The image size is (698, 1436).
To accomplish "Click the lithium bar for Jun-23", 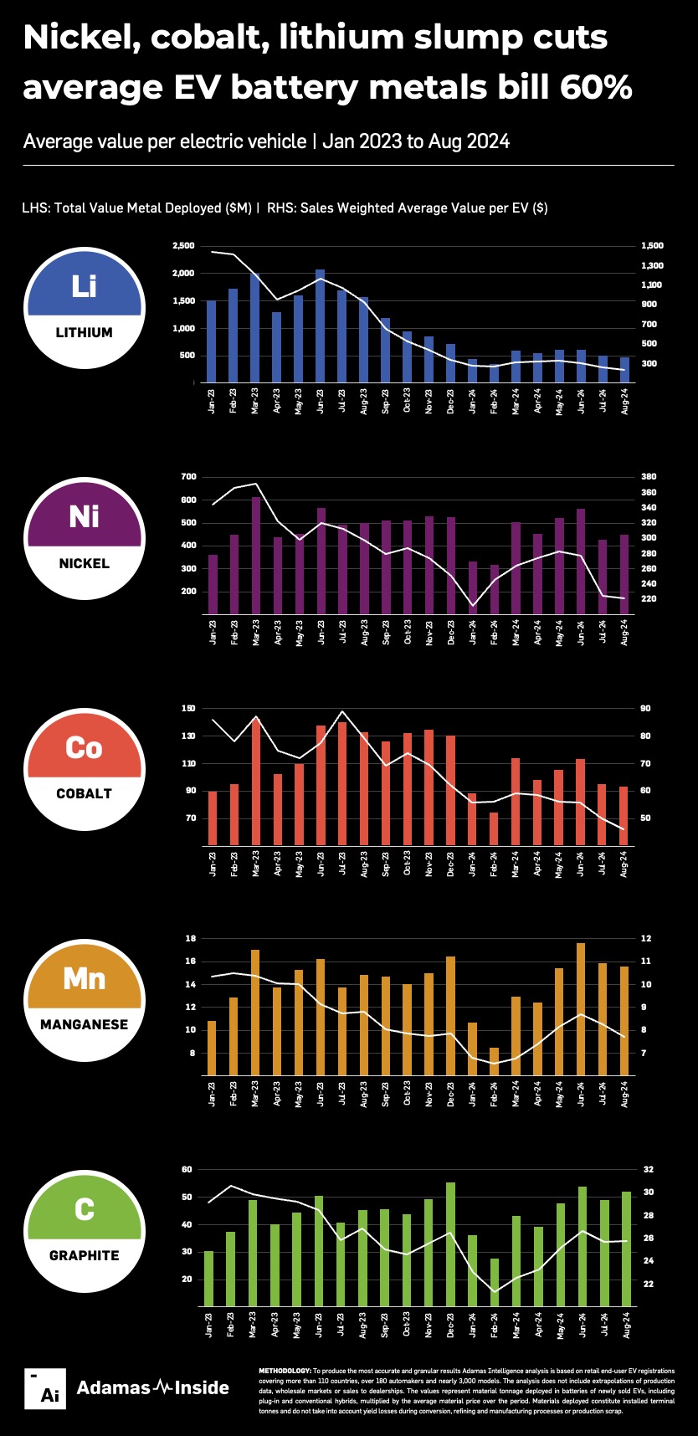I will pyautogui.click(x=320, y=326).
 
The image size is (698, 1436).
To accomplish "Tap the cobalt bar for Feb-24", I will pyautogui.click(x=494, y=828).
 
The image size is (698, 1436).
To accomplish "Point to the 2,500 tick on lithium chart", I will pyautogui.click(x=182, y=246).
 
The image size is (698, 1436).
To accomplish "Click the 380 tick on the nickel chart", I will pyautogui.click(x=649, y=477).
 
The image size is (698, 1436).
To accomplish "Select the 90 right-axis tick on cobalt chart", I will pyautogui.click(x=646, y=709).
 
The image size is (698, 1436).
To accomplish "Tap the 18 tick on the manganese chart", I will pyautogui.click(x=190, y=939).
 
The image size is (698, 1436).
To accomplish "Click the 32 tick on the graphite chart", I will pyautogui.click(x=648, y=1170).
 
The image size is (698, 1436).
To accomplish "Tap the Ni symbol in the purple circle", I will pyautogui.click(x=84, y=516).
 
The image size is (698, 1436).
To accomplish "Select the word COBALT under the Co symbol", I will pyautogui.click(x=84, y=793).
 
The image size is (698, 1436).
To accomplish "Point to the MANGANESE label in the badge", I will pyautogui.click(x=84, y=1024).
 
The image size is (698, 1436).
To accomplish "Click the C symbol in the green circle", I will pyautogui.click(x=84, y=1209).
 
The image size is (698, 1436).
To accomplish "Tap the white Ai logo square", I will pyautogui.click(x=44, y=1388).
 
